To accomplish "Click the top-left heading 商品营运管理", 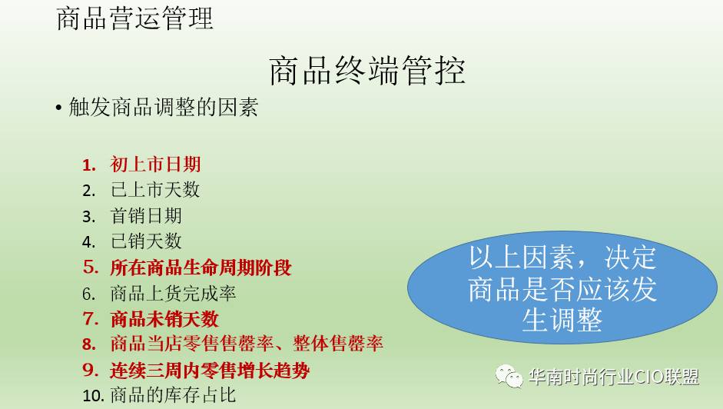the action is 134,19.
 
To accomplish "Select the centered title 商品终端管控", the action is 367,71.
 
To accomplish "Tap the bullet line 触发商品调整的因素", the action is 163,107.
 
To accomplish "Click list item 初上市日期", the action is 155,165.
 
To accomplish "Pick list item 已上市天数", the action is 155,190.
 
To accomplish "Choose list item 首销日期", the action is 146,215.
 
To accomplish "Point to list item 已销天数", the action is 146,241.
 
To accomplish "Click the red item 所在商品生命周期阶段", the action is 201,268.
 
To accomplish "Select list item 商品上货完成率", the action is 173,293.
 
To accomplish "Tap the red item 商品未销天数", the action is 164,319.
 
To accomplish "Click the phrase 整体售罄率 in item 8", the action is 338,344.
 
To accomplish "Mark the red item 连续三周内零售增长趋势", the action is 210,371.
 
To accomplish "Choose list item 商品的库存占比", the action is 173,395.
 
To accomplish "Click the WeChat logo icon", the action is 509,376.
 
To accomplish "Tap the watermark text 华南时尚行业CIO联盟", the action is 614,377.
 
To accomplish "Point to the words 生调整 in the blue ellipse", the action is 562,320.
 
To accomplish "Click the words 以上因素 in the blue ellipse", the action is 522,257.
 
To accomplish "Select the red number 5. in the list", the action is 91,268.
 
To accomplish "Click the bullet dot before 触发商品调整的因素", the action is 58,108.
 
